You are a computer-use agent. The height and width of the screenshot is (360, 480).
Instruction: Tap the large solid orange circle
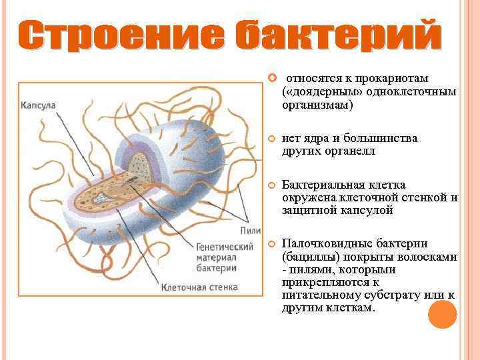coord(442,314)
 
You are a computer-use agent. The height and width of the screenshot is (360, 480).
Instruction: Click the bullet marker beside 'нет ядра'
coord(271,139)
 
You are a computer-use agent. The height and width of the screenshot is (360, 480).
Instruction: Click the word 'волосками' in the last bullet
coord(429,257)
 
